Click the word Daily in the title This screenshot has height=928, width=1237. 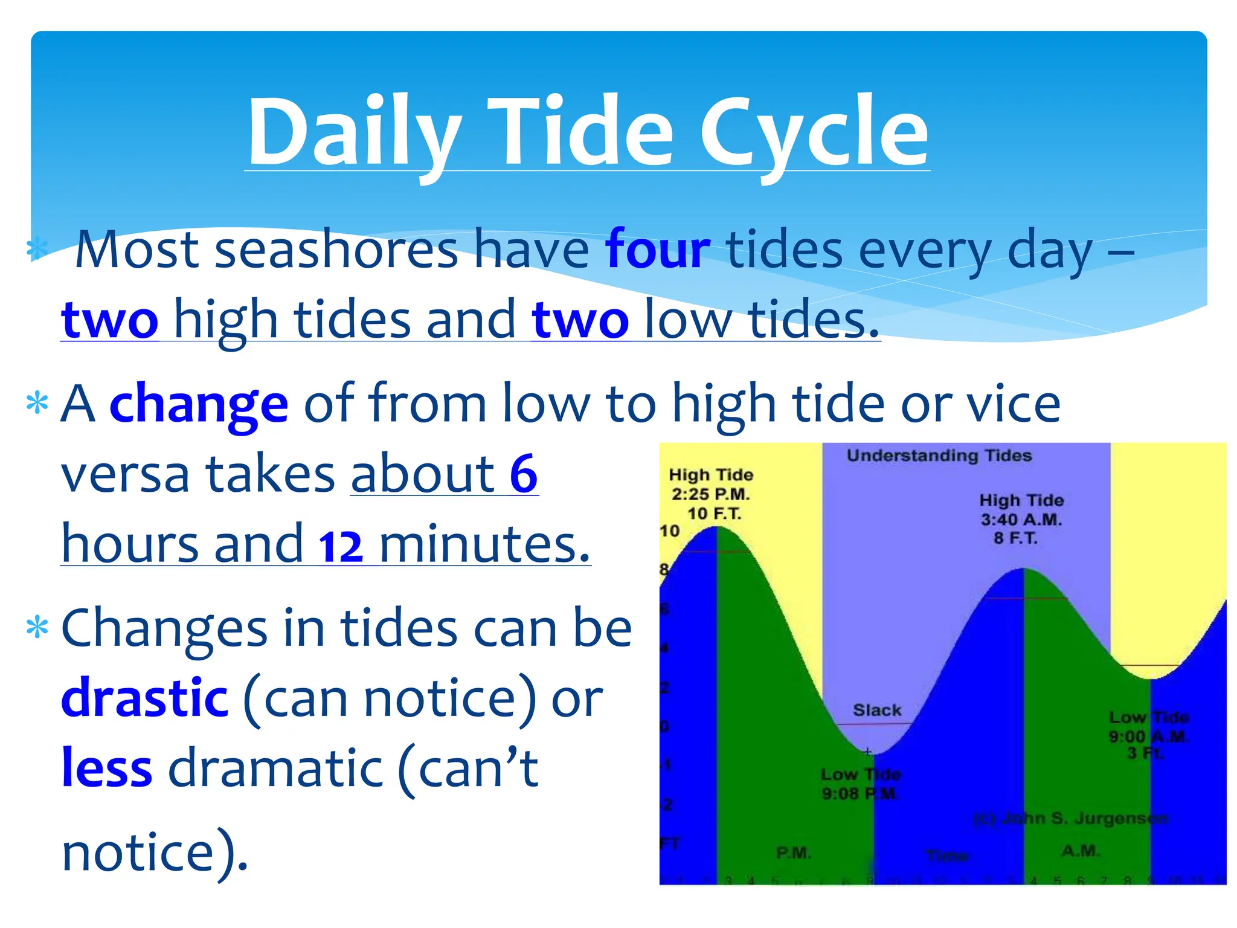coord(354,132)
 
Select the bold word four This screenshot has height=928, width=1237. coord(657,250)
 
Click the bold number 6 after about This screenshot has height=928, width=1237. coord(523,474)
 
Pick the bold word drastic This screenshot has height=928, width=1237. coord(145,698)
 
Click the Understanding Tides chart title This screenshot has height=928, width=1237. coord(939,456)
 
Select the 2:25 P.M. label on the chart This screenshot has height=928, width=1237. coord(711,494)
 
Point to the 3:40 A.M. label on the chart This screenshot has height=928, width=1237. coord(1021,520)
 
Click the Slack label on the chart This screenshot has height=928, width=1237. coord(877,710)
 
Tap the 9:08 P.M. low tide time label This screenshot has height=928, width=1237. coord(859,793)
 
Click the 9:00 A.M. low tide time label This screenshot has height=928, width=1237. coord(1148,736)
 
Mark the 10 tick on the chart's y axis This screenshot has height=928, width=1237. coord(669,531)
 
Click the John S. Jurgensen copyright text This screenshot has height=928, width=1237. coord(1071,819)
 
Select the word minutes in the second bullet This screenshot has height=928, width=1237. coord(484,544)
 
